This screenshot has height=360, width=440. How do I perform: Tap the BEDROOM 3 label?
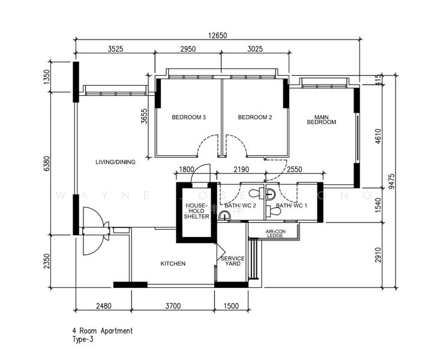188,118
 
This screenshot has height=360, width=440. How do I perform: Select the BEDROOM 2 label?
255,118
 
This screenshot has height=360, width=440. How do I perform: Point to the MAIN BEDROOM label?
321,119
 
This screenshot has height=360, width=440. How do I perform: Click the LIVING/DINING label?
115,162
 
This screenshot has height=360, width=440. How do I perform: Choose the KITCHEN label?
173,263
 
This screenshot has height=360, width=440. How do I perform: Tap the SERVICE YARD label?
232,261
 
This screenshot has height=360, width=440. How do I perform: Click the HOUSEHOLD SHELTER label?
197,211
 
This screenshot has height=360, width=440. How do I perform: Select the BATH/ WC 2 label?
240,206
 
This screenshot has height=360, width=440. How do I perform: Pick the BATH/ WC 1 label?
292,206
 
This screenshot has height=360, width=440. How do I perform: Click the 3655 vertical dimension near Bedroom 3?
145,116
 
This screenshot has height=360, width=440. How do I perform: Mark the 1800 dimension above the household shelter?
187,170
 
